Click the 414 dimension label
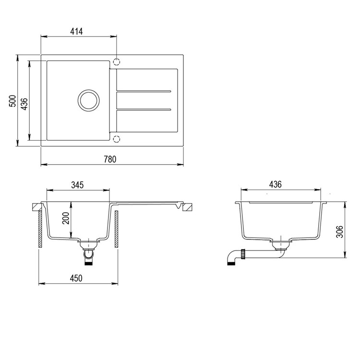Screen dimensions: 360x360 click(76, 32)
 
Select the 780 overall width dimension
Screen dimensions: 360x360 click(110, 159)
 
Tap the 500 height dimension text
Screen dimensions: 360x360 click(12, 101)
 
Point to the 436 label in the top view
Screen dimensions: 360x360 click(24, 104)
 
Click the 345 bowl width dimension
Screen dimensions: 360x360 click(77, 185)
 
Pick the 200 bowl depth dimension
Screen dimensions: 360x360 click(66, 218)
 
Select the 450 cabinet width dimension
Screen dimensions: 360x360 click(76, 278)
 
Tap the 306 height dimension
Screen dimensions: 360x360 click(339, 232)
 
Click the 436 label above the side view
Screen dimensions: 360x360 click(275, 184)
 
